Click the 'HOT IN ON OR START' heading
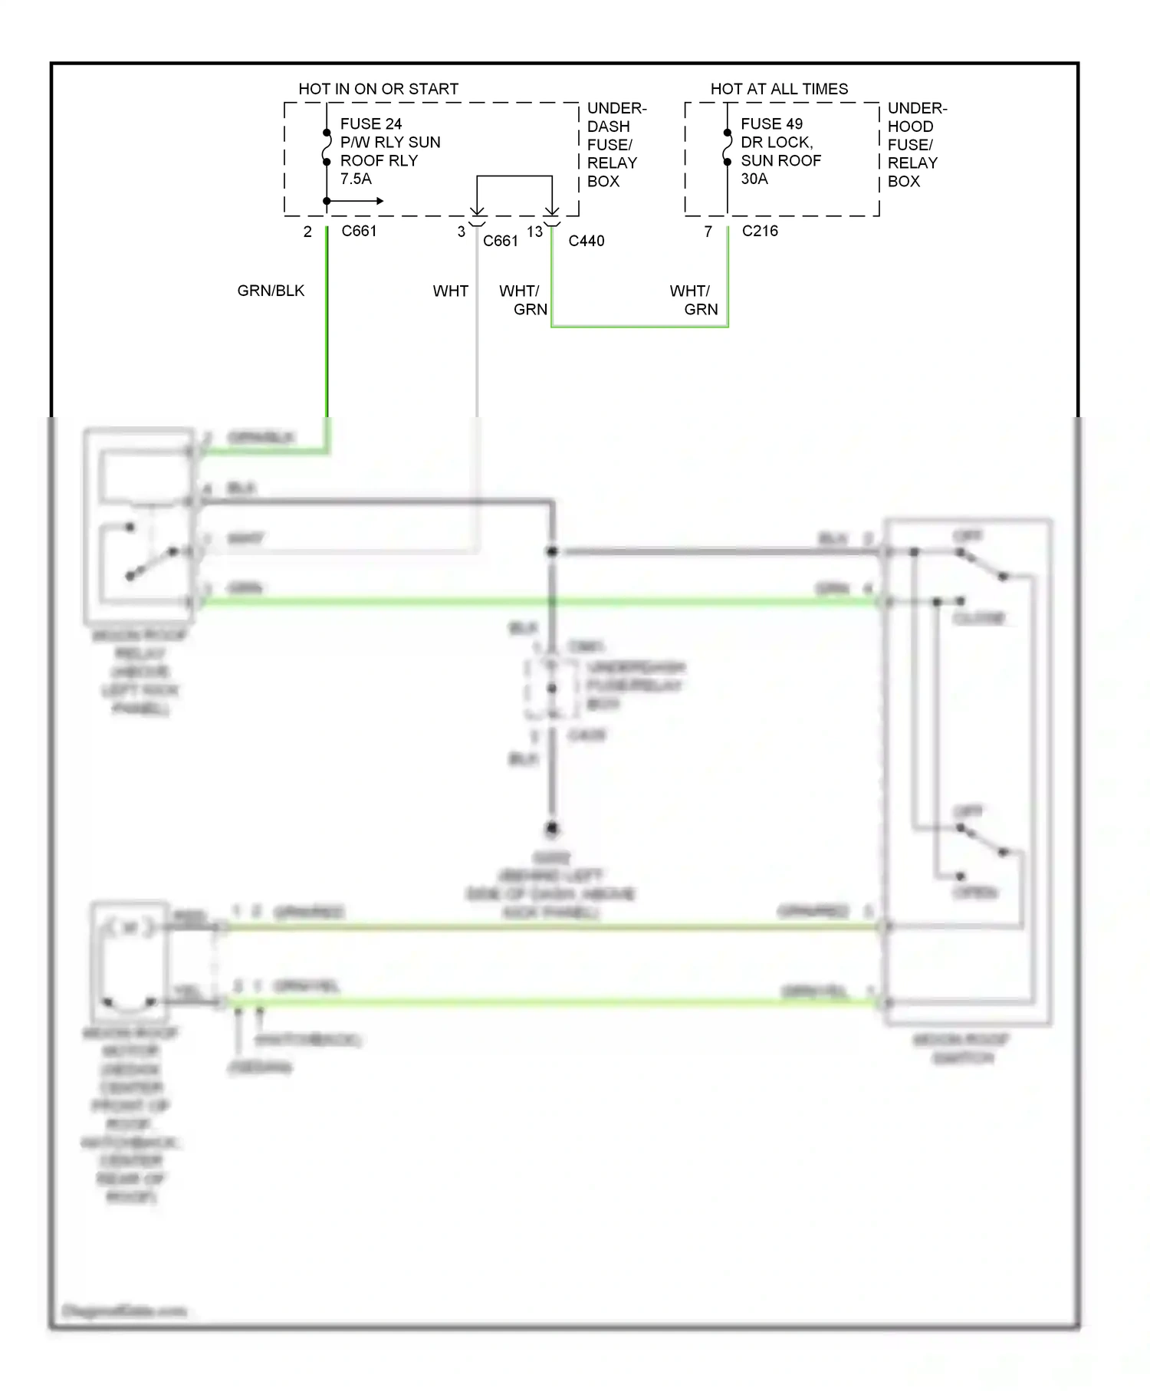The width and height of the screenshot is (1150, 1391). (378, 89)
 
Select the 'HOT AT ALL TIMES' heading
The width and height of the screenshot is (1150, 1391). (779, 89)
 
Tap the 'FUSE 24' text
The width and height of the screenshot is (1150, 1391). (371, 123)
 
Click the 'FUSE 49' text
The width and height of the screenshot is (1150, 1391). (771, 123)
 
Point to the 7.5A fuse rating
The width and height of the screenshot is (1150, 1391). (356, 179)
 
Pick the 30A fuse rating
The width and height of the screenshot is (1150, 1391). (754, 179)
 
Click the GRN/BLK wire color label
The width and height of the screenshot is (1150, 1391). (271, 291)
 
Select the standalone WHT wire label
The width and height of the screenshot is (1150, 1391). (450, 291)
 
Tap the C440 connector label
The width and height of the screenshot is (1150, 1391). (586, 241)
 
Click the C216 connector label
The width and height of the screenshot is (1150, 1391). (760, 231)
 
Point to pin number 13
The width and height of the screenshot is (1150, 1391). (534, 232)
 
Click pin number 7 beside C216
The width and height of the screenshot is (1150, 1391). (708, 232)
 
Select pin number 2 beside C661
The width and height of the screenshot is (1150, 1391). (307, 232)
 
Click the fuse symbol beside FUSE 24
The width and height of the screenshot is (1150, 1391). (327, 147)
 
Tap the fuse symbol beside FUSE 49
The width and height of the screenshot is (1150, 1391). (727, 147)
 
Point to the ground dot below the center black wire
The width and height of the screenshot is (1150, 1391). (551, 829)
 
